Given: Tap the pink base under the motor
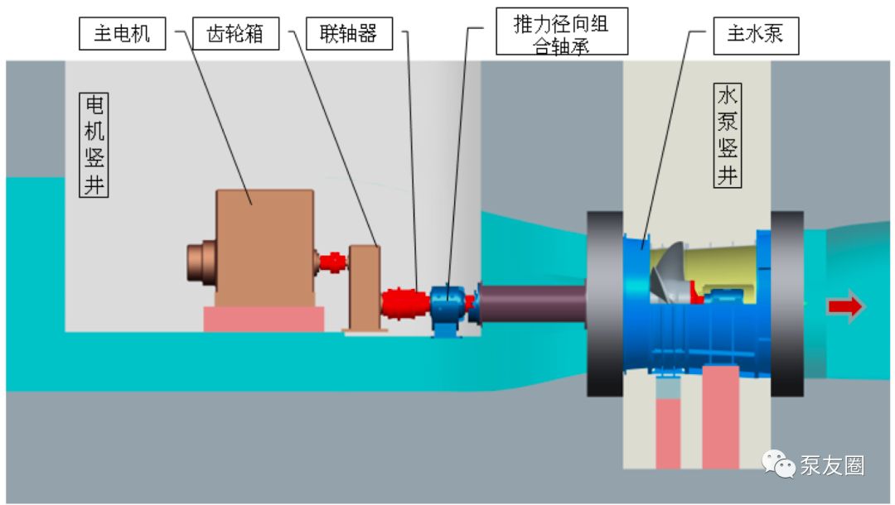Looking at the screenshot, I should click(264, 319).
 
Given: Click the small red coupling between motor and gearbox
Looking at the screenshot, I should click(332, 262).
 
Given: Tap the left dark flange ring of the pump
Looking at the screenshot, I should click(605, 305).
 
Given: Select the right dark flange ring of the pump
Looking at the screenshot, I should click(786, 305).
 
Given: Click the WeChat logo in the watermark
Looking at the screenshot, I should click(779, 465).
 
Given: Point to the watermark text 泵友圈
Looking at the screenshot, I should click(833, 466).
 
